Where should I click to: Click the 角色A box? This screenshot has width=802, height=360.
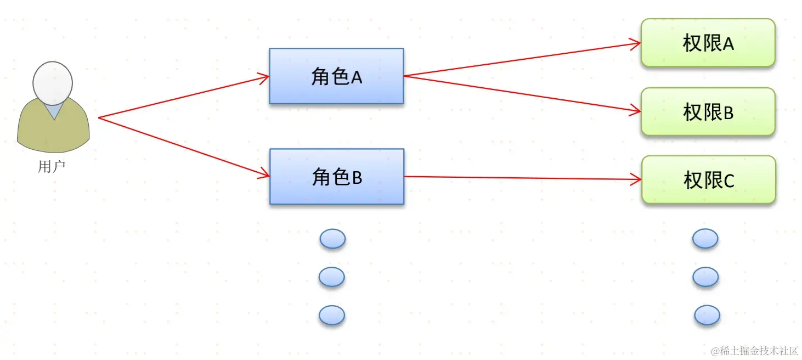point(336,76)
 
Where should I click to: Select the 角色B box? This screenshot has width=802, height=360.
point(337,177)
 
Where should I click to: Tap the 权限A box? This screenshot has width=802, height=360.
point(708,43)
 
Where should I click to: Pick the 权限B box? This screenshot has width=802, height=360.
point(708,112)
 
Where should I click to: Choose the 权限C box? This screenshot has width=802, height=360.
point(708,180)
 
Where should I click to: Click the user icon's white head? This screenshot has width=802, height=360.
point(53,83)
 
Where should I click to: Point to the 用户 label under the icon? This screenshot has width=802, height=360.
point(52,166)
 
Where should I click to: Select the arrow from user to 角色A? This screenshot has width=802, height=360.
point(183,97)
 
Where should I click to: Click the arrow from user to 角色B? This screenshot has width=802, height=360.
point(183,147)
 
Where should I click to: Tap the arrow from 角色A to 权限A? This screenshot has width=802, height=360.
point(521,59)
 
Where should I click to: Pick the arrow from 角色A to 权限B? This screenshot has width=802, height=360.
point(521,94)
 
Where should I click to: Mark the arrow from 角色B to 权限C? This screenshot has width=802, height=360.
point(521,178)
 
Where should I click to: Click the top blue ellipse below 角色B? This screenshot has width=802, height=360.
point(332,239)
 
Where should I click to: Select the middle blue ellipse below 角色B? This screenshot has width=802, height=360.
point(332,277)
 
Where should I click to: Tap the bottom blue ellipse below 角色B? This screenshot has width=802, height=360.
point(332,315)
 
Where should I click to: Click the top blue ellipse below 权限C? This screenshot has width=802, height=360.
point(705,239)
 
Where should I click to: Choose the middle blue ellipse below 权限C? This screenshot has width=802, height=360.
point(705,277)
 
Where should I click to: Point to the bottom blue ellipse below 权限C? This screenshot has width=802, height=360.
point(707,315)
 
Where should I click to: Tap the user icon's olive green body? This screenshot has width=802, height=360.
point(53,132)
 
